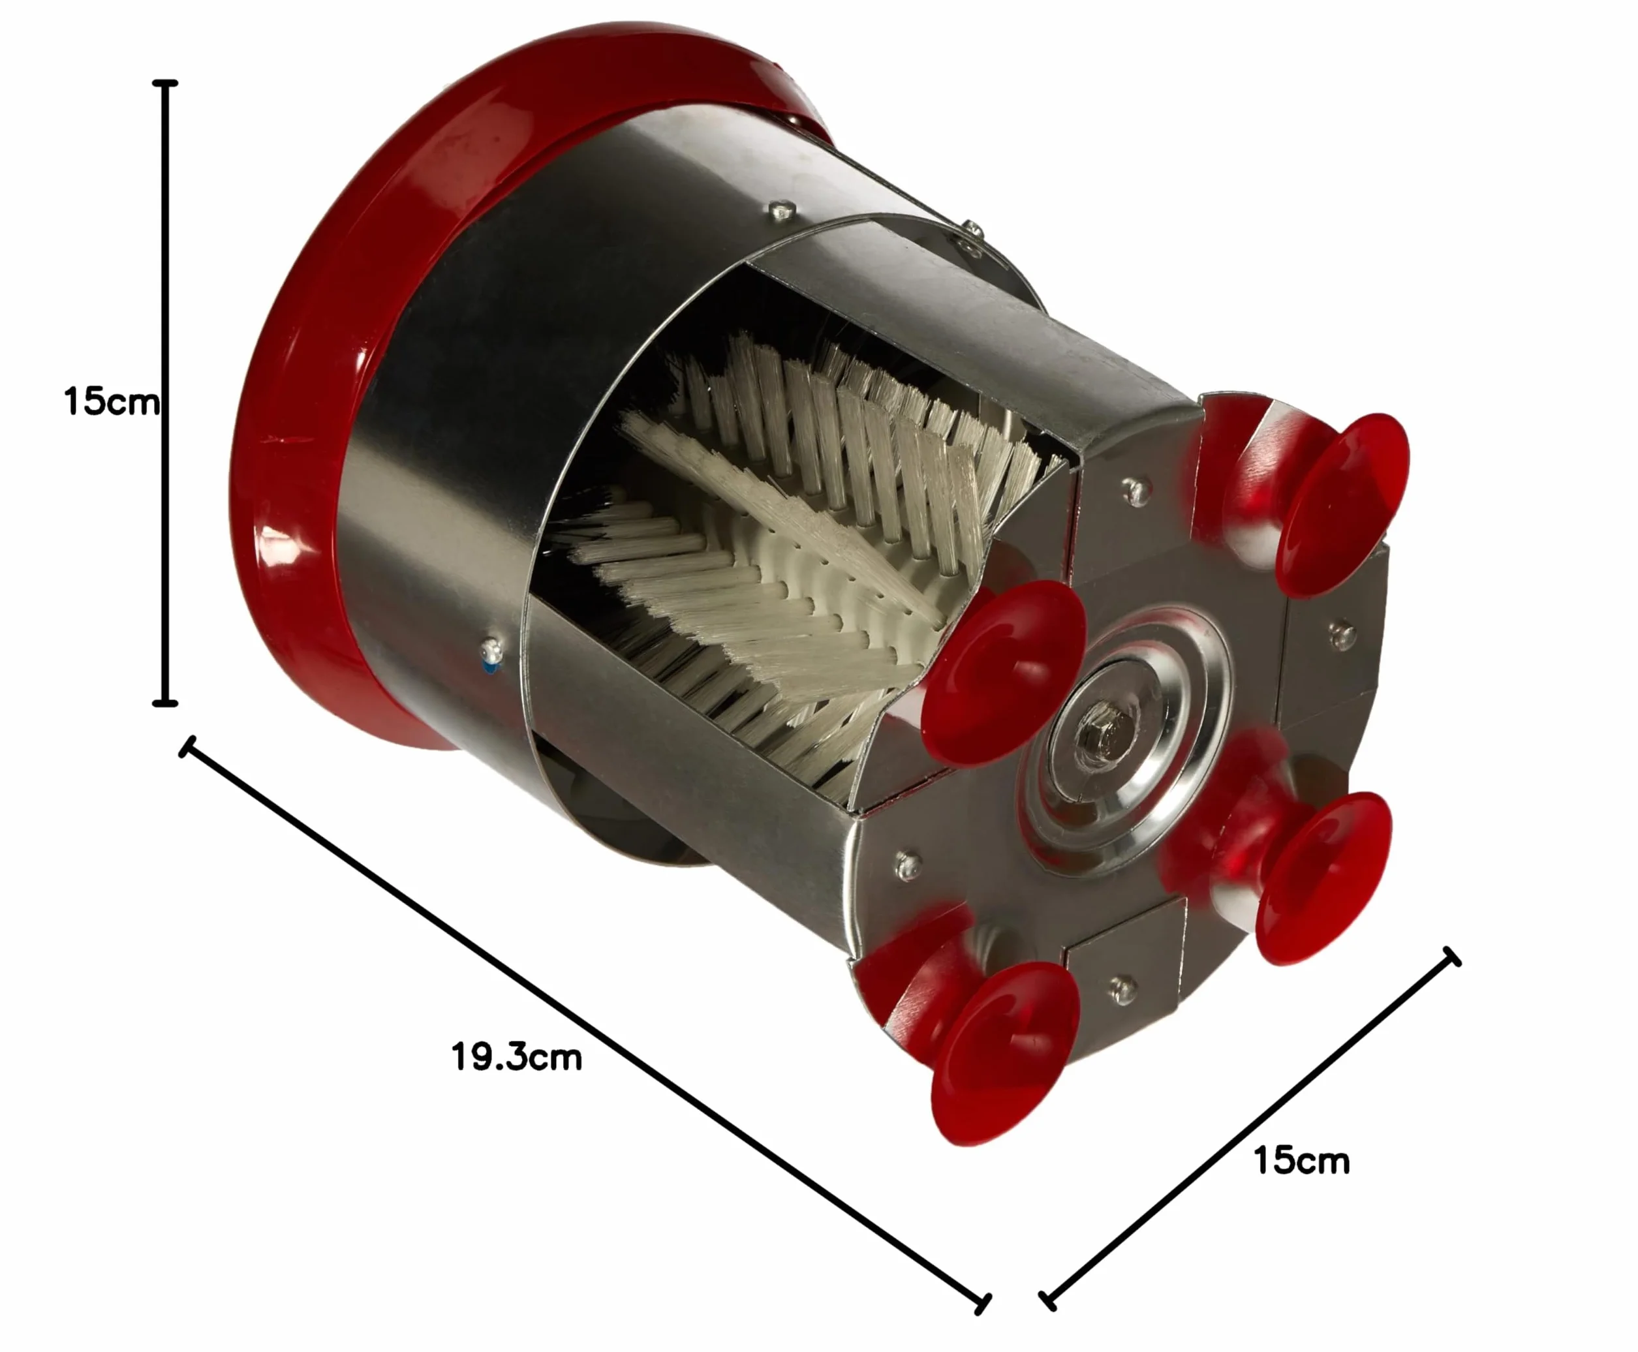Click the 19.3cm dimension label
[x=516, y=1058]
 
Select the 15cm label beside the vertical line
[x=112, y=402]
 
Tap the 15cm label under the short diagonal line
[x=1301, y=1160]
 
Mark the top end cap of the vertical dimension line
[x=164, y=83]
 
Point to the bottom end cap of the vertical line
[x=164, y=703]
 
